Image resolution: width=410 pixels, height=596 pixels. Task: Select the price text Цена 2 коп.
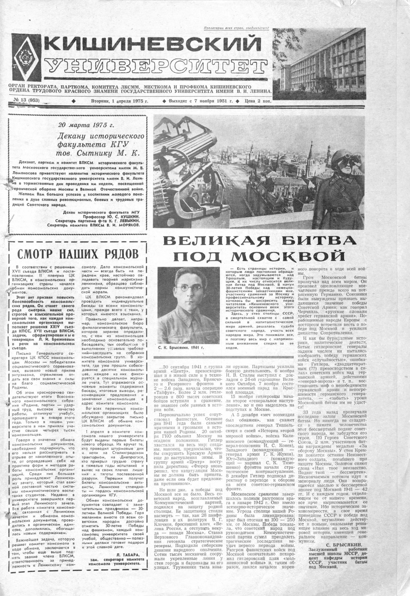coord(257,101)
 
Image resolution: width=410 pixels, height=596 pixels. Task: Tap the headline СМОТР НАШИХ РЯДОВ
coord(78,254)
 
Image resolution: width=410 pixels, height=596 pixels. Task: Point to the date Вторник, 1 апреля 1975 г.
coord(120,101)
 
